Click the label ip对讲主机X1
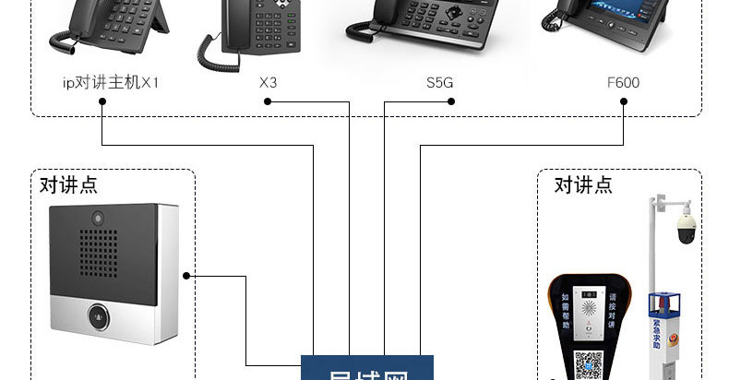click(x=111, y=82)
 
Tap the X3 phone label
click(x=268, y=82)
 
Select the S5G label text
click(x=439, y=82)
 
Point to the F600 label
click(x=623, y=82)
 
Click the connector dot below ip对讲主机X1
click(x=101, y=101)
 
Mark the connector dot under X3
click(x=268, y=101)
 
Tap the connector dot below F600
click(x=624, y=101)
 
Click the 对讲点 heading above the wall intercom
click(x=68, y=184)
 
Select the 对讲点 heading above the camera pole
click(x=582, y=184)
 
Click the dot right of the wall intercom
click(x=186, y=275)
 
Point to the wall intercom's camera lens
click(x=96, y=218)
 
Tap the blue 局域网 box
click(x=367, y=368)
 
